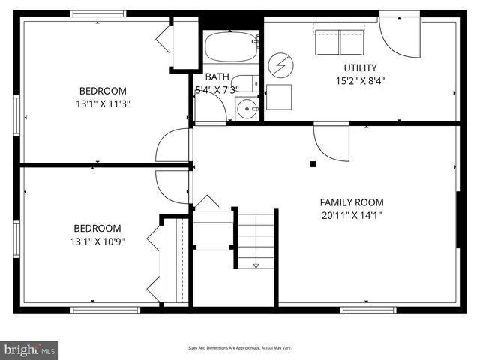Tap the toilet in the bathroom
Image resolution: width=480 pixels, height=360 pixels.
[243, 82]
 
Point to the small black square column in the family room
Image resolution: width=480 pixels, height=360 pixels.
[313, 163]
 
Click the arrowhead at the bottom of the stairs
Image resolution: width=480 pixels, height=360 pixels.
[256, 265]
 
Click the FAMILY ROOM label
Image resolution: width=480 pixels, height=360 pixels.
[352, 202]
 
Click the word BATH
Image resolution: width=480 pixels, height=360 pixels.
[217, 76]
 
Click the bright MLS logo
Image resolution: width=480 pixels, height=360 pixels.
[30, 349]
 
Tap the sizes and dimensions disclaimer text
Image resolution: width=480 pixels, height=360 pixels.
[239, 348]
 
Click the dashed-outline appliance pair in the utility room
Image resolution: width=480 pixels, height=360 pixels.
[340, 41]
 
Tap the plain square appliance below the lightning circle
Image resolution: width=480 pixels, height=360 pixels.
[279, 97]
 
